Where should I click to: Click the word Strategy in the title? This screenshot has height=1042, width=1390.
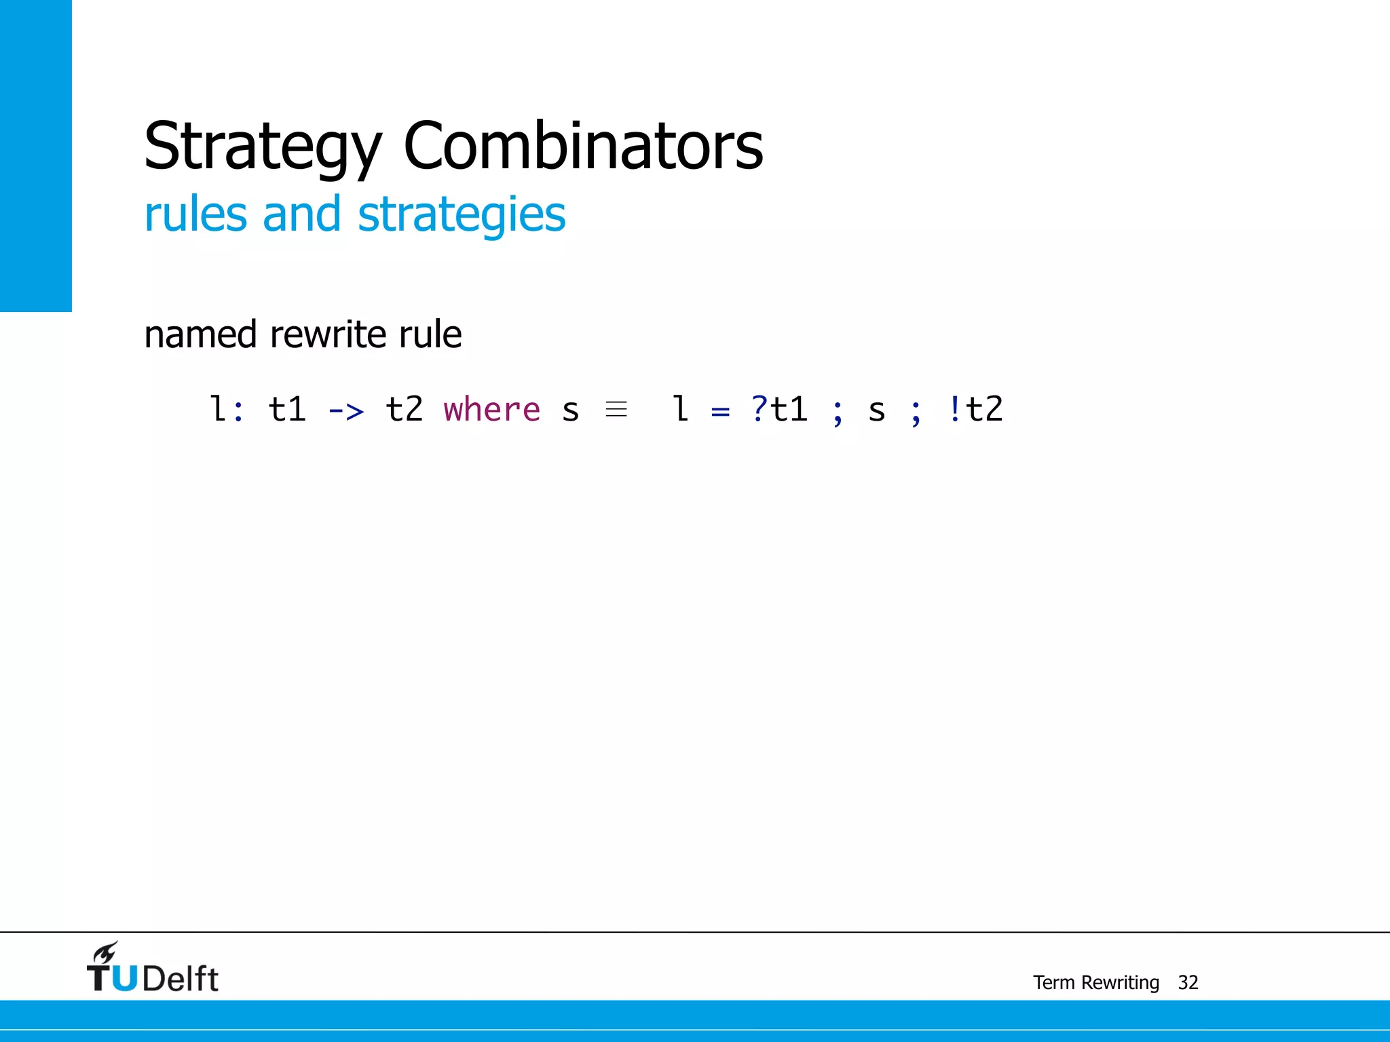click(x=263, y=147)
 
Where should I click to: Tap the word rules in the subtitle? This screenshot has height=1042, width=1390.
click(x=195, y=214)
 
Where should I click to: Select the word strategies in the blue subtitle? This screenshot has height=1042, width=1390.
click(x=462, y=215)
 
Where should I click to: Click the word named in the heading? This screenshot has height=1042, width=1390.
click(x=200, y=334)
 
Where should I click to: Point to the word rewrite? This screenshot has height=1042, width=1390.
click(x=328, y=334)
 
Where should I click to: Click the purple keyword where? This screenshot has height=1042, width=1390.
click(x=491, y=410)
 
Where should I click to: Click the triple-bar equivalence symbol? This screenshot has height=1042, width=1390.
click(x=616, y=409)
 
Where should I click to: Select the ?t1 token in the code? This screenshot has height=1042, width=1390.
click(x=779, y=409)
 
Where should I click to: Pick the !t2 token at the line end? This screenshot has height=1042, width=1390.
click(x=975, y=409)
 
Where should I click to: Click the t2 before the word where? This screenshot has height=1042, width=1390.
click(x=404, y=409)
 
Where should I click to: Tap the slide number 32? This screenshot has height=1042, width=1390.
click(x=1188, y=982)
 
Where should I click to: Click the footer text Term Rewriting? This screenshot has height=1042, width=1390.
click(x=1095, y=982)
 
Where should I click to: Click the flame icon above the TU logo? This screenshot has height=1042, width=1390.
click(x=106, y=952)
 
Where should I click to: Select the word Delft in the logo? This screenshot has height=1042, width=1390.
click(x=181, y=979)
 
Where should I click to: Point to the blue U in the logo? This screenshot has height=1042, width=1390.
click(x=124, y=978)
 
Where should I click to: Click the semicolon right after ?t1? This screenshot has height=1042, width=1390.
click(x=838, y=412)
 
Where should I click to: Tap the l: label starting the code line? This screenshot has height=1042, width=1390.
click(x=226, y=409)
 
